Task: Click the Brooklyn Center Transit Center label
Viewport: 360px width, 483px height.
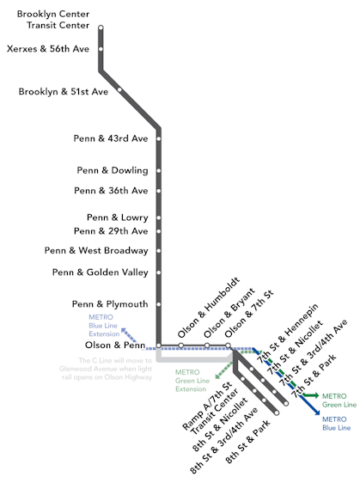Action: (x=58, y=20)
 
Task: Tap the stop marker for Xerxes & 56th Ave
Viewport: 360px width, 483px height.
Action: (x=101, y=49)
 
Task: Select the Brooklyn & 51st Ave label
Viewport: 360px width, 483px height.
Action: (x=64, y=90)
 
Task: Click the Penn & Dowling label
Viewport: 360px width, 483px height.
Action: (x=112, y=170)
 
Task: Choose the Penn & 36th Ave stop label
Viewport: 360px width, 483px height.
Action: (x=111, y=191)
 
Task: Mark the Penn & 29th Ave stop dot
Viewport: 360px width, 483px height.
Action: (x=159, y=231)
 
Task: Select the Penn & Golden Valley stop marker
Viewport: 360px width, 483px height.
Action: (x=159, y=272)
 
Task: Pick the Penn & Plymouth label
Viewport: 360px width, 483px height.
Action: (x=110, y=304)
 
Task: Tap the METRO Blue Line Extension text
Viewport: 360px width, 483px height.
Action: (x=101, y=326)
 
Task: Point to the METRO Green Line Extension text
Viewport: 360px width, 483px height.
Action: (x=192, y=381)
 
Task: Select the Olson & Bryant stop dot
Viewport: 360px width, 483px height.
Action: (x=206, y=346)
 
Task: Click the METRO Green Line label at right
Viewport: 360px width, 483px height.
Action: (x=339, y=400)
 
